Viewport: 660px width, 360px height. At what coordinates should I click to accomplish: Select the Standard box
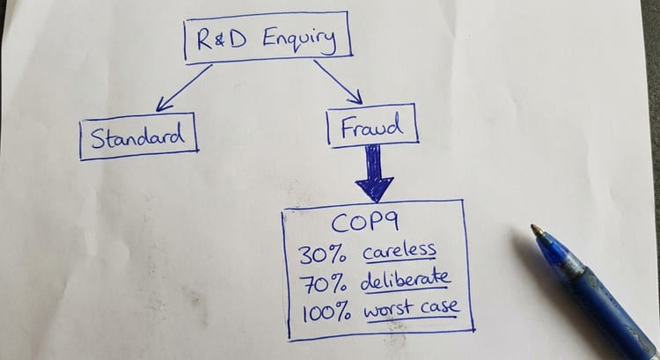pyautogui.click(x=137, y=137)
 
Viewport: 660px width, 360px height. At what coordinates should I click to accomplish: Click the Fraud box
pyautogui.click(x=371, y=127)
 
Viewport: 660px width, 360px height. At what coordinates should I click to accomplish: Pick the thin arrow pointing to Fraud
pyautogui.click(x=338, y=83)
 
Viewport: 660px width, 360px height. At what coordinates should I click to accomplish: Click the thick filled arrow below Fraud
pyautogui.click(x=374, y=174)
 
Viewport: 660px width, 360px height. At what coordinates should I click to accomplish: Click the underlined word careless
pyautogui.click(x=400, y=252)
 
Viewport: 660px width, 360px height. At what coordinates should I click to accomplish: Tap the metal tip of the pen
pyautogui.click(x=536, y=231)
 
